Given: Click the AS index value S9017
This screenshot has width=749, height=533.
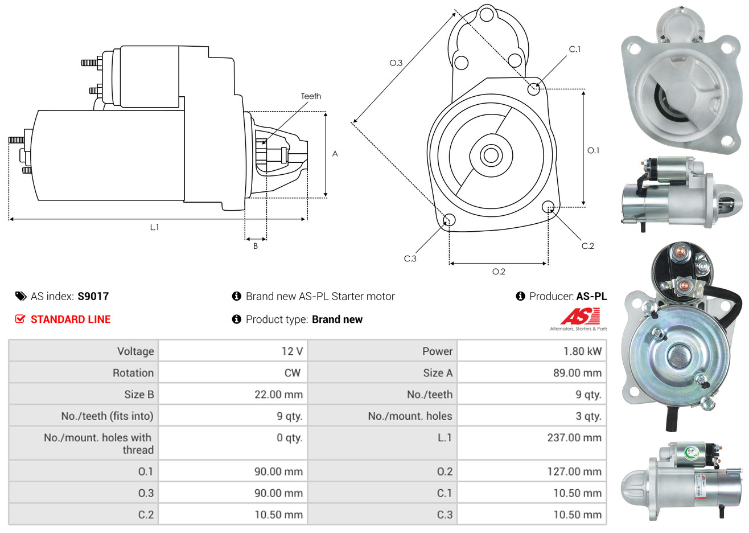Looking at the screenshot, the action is pyautogui.click(x=93, y=297).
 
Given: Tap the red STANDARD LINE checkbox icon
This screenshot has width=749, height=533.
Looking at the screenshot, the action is pyautogui.click(x=20, y=319).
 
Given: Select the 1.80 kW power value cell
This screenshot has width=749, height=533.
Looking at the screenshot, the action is pyautogui.click(x=582, y=351).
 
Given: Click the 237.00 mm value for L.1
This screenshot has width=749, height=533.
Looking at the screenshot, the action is pyautogui.click(x=574, y=438).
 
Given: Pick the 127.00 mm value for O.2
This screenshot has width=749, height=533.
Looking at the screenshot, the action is pyautogui.click(x=574, y=471).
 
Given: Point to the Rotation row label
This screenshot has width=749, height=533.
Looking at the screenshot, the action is pyautogui.click(x=133, y=373).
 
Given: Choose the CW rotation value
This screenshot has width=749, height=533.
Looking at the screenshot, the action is pyautogui.click(x=292, y=373).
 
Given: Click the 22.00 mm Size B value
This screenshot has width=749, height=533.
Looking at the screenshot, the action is pyautogui.click(x=278, y=395).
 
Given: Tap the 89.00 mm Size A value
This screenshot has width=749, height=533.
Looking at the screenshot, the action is pyautogui.click(x=577, y=373).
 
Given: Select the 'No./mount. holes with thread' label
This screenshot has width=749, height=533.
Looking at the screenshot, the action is pyautogui.click(x=98, y=444).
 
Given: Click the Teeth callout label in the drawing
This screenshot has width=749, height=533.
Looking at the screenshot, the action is pyautogui.click(x=311, y=96).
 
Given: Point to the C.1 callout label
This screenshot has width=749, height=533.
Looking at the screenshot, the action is pyautogui.click(x=575, y=49).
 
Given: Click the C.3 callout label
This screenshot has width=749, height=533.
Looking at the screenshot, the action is pyautogui.click(x=410, y=259).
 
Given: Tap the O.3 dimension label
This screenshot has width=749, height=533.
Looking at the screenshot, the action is pyautogui.click(x=396, y=63).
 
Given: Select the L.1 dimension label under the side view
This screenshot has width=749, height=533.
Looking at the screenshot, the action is pyautogui.click(x=154, y=228).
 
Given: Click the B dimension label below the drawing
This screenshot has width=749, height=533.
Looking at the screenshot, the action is pyautogui.click(x=256, y=246).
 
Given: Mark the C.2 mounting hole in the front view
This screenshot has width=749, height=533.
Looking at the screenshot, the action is pyautogui.click(x=548, y=207).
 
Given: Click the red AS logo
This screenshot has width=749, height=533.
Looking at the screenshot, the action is pyautogui.click(x=580, y=316).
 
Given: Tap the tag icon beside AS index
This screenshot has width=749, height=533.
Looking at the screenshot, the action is pyautogui.click(x=20, y=297).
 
